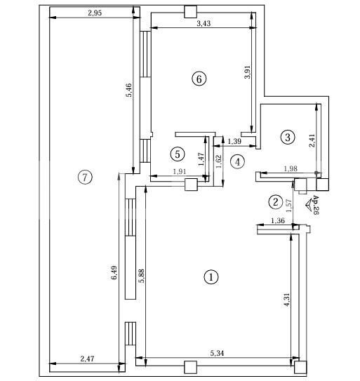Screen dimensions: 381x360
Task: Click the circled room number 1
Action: coord(211,277)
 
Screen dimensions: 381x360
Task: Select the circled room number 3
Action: coord(288,137)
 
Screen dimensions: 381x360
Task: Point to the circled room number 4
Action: coord(238,161)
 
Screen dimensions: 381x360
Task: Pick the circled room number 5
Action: coord(178,153)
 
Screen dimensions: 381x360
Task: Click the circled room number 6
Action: coord(199,79)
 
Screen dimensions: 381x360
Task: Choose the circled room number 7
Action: coord(84,177)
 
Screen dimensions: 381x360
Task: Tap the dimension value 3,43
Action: coord(204,24)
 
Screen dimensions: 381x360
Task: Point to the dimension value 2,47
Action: coord(87,359)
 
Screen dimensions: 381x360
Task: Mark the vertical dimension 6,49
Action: coord(114,273)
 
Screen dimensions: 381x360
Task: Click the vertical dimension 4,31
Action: coord(286,302)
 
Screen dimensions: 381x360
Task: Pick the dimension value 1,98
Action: coord(290,168)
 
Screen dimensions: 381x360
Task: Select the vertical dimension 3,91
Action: coord(248,72)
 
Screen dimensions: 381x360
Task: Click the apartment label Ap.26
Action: coord(315,204)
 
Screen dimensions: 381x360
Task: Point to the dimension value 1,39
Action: coord(235,142)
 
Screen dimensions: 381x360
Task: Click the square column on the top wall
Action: coord(189,11)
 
